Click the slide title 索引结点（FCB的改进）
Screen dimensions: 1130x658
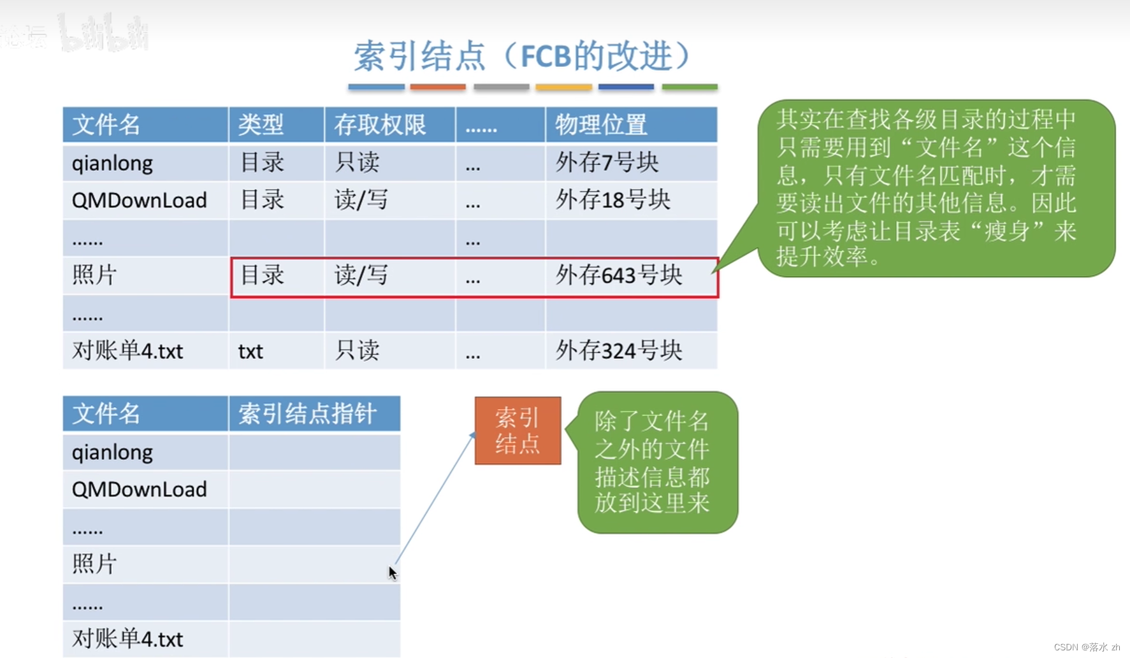click(523, 56)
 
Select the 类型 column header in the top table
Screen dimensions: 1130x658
click(261, 125)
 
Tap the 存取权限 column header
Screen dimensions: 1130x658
click(380, 125)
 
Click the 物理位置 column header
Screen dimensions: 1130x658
click(600, 125)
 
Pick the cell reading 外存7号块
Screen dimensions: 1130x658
click(607, 163)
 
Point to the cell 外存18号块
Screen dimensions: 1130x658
click(613, 200)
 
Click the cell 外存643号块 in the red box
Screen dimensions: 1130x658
click(619, 276)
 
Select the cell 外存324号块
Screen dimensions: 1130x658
click(619, 351)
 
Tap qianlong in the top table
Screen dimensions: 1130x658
click(112, 164)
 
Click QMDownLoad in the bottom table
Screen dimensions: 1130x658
click(139, 489)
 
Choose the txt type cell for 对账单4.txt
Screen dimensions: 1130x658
click(250, 352)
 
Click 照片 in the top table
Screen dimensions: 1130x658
click(94, 276)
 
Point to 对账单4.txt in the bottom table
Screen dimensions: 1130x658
click(127, 639)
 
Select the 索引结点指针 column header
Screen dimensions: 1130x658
click(307, 414)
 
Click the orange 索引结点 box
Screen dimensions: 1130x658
click(518, 431)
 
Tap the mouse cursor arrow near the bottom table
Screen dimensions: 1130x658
click(392, 573)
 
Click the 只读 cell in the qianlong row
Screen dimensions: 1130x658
click(357, 163)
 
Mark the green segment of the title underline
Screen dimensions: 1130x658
click(690, 87)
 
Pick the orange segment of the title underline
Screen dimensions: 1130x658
click(438, 87)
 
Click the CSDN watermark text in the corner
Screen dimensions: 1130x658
click(1087, 647)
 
